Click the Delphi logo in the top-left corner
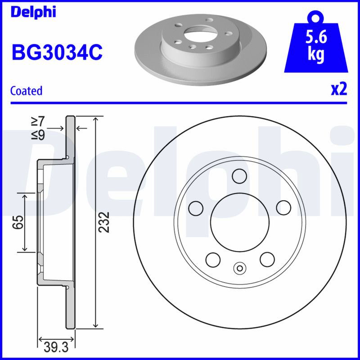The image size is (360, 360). click(x=33, y=12)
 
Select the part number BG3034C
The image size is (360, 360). click(x=57, y=53)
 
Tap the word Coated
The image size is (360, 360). click(x=27, y=91)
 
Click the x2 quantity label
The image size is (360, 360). click(x=339, y=90)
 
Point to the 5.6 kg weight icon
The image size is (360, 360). click(x=316, y=43)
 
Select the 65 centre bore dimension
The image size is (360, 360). click(x=18, y=222)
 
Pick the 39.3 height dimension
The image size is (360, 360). click(x=56, y=347)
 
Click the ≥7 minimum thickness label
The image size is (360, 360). click(x=38, y=121)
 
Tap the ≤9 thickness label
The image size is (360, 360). click(x=38, y=135)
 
